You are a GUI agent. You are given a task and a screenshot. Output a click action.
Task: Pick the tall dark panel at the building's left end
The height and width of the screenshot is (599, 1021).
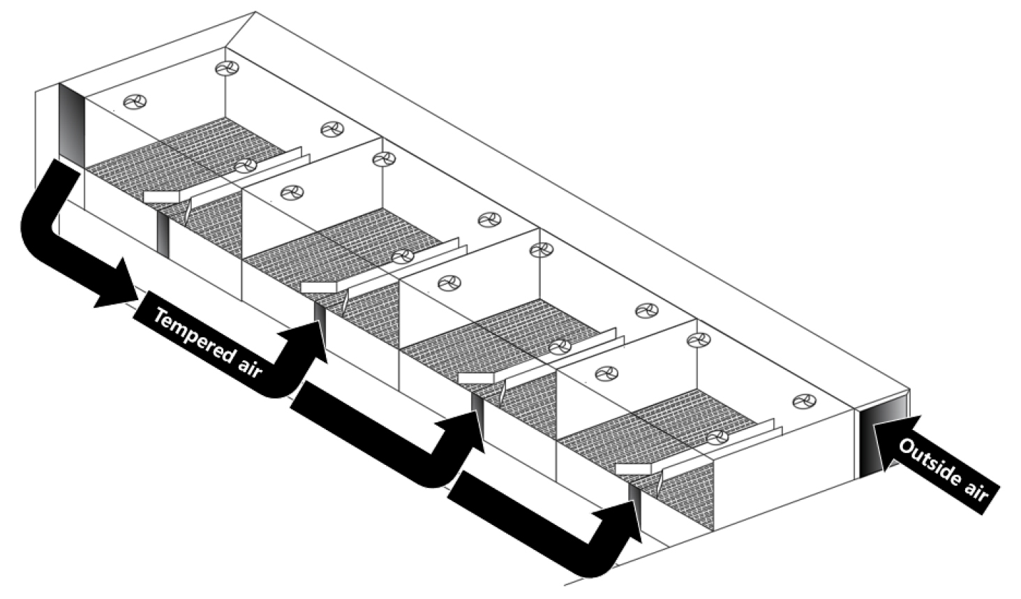(x=72, y=122)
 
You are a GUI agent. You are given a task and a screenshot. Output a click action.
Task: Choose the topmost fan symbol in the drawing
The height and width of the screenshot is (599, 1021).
(x=227, y=68)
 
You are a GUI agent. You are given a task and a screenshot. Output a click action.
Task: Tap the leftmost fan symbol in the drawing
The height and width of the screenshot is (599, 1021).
(x=135, y=102)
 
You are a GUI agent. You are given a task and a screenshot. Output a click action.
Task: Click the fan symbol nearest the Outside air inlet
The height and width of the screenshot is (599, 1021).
(x=804, y=401)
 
